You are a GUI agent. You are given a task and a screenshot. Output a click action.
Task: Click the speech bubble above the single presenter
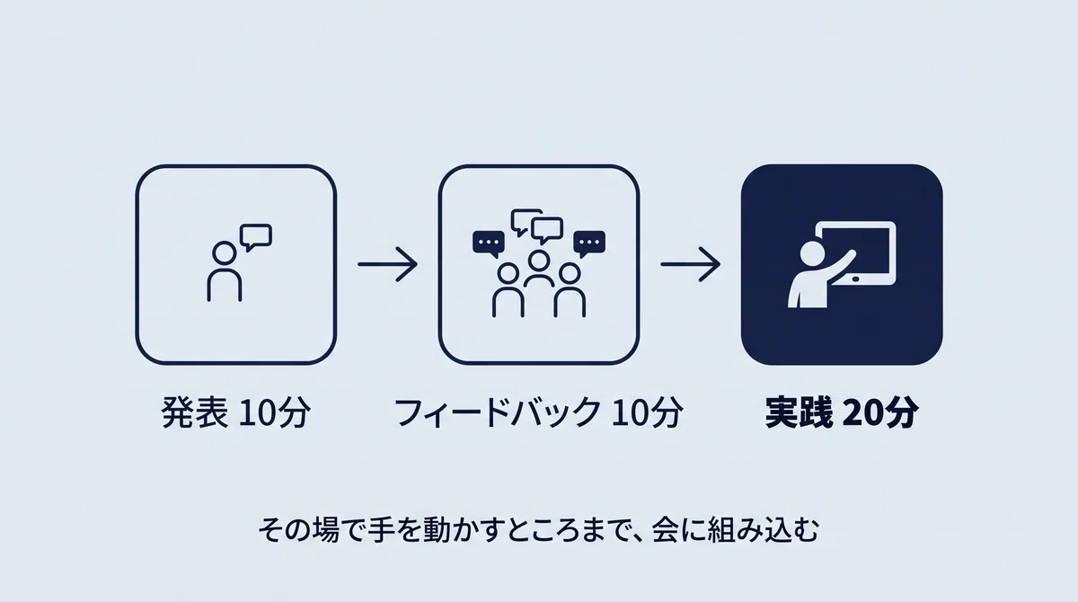coord(256,237)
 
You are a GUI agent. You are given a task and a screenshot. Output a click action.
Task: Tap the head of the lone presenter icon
coord(225,253)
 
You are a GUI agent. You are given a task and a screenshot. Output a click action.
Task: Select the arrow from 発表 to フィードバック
coord(387,264)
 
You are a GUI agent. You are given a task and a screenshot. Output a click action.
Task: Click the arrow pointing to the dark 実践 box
coord(691,264)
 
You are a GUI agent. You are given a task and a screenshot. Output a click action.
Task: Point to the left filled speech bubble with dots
coord(489,243)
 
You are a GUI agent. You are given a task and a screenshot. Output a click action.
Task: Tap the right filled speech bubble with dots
coord(589,243)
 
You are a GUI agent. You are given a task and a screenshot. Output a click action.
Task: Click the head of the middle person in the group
coord(538,261)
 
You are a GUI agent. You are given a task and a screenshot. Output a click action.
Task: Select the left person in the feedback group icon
coord(508,290)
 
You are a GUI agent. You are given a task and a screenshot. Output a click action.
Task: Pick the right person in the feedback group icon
coord(570,290)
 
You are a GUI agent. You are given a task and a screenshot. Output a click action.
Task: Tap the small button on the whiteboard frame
coord(855,279)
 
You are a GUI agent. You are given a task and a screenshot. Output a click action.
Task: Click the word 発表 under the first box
coord(194,412)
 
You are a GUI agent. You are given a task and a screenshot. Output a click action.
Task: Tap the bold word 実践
coord(799,412)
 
